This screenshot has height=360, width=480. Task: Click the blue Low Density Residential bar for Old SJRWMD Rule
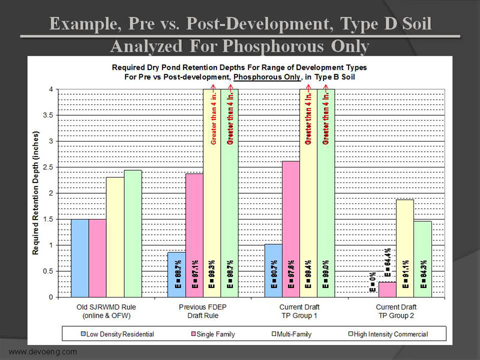point(80,258)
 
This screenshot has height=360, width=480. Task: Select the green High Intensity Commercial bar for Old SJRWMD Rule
point(133,234)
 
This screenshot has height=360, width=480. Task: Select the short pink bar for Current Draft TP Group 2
point(388,290)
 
